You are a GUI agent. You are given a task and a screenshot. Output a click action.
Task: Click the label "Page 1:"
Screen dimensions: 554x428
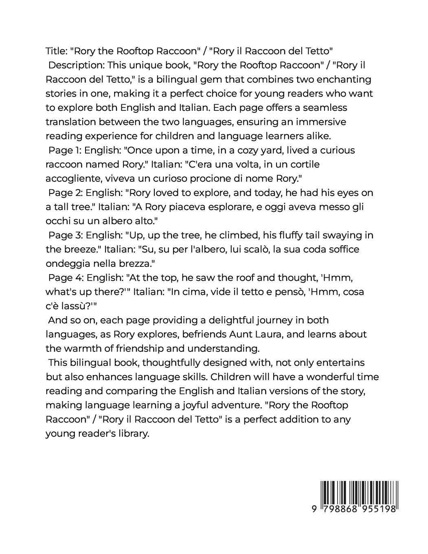[65, 150]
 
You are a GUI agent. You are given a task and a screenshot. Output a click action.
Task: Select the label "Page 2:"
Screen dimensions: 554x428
[66, 192]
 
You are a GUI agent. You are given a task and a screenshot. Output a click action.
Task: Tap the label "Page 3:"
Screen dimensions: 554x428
[66, 235]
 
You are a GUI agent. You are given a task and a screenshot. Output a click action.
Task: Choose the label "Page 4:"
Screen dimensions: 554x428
[66, 277]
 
